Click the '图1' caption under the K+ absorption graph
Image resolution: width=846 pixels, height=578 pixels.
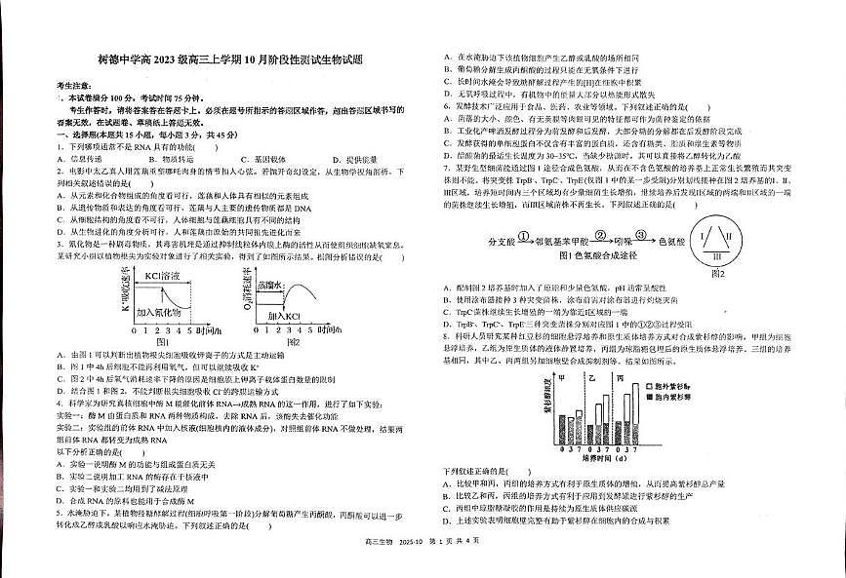pos(162,343)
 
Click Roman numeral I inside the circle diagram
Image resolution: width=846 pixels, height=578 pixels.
pos(703,234)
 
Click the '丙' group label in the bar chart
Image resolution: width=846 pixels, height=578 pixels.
pos(619,376)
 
